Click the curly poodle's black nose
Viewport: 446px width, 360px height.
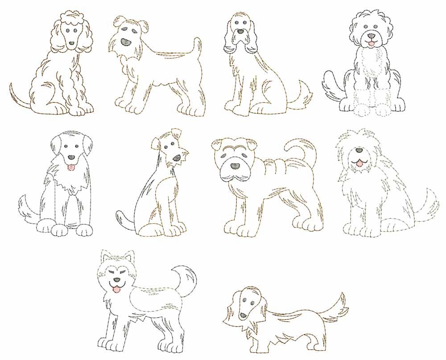[x=72, y=44]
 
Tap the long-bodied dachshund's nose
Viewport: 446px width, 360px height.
[x=242, y=315]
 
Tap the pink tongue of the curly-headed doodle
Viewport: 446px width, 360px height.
[x=370, y=43]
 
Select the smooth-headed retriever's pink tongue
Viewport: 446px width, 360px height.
[x=70, y=167]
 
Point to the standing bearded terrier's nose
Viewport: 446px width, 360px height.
[x=126, y=43]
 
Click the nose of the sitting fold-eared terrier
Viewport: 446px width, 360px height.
[x=177, y=158]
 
